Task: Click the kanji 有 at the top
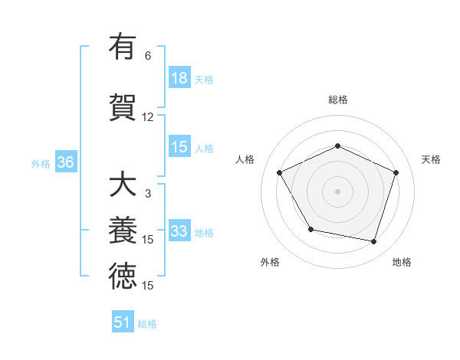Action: click(x=122, y=47)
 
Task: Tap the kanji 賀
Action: click(x=122, y=106)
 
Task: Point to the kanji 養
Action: click(x=122, y=231)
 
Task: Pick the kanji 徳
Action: click(x=122, y=277)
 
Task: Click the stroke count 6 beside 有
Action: click(x=148, y=56)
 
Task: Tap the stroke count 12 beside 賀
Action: click(x=148, y=117)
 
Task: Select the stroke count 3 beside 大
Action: click(x=148, y=195)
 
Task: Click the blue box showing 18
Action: click(x=179, y=78)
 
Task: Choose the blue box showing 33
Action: click(x=179, y=231)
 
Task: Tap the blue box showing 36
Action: click(x=65, y=162)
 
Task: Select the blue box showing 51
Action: click(x=123, y=322)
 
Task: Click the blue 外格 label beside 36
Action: click(x=41, y=163)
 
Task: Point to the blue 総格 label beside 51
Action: click(x=147, y=323)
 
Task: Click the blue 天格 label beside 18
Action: click(x=203, y=79)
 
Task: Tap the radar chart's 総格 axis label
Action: click(x=337, y=100)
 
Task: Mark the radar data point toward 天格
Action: click(x=396, y=172)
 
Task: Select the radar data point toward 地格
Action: click(x=373, y=241)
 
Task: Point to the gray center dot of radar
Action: click(x=337, y=191)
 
